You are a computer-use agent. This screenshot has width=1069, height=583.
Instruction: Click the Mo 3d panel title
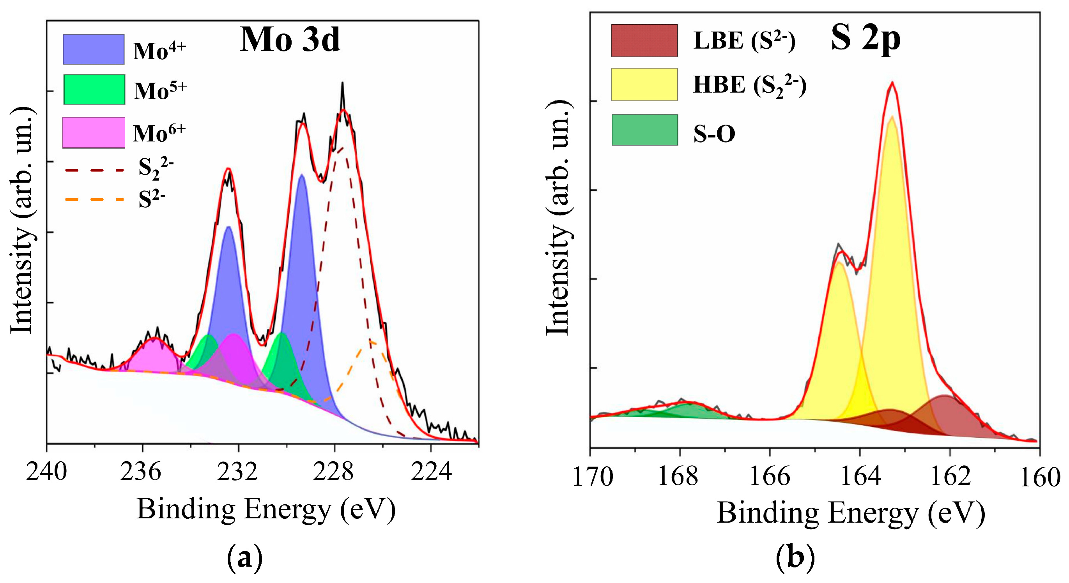tap(290, 40)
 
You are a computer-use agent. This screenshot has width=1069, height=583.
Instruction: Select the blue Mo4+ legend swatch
tap(94, 49)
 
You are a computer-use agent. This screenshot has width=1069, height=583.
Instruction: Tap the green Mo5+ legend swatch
tap(94, 89)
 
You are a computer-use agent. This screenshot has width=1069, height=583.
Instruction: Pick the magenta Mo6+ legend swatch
tap(94, 132)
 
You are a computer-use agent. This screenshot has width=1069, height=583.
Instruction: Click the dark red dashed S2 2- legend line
tap(95, 170)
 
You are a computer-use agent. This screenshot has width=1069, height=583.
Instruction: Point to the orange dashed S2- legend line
tap(95, 200)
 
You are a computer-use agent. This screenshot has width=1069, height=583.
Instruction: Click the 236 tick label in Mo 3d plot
tap(141, 472)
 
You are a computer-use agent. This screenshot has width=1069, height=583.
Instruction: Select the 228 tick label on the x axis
tap(334, 472)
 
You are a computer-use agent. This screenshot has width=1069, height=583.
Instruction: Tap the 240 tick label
tap(46, 472)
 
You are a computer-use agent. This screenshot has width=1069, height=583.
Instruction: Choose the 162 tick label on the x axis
tap(950, 477)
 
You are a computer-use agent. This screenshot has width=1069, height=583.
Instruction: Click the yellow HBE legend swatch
tap(644, 85)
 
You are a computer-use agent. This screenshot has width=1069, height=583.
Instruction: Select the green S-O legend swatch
tap(644, 130)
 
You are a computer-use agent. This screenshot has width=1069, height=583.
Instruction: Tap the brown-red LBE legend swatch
tap(644, 40)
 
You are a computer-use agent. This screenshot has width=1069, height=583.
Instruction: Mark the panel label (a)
tap(245, 558)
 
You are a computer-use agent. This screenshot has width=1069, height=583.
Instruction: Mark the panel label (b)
tap(795, 558)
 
